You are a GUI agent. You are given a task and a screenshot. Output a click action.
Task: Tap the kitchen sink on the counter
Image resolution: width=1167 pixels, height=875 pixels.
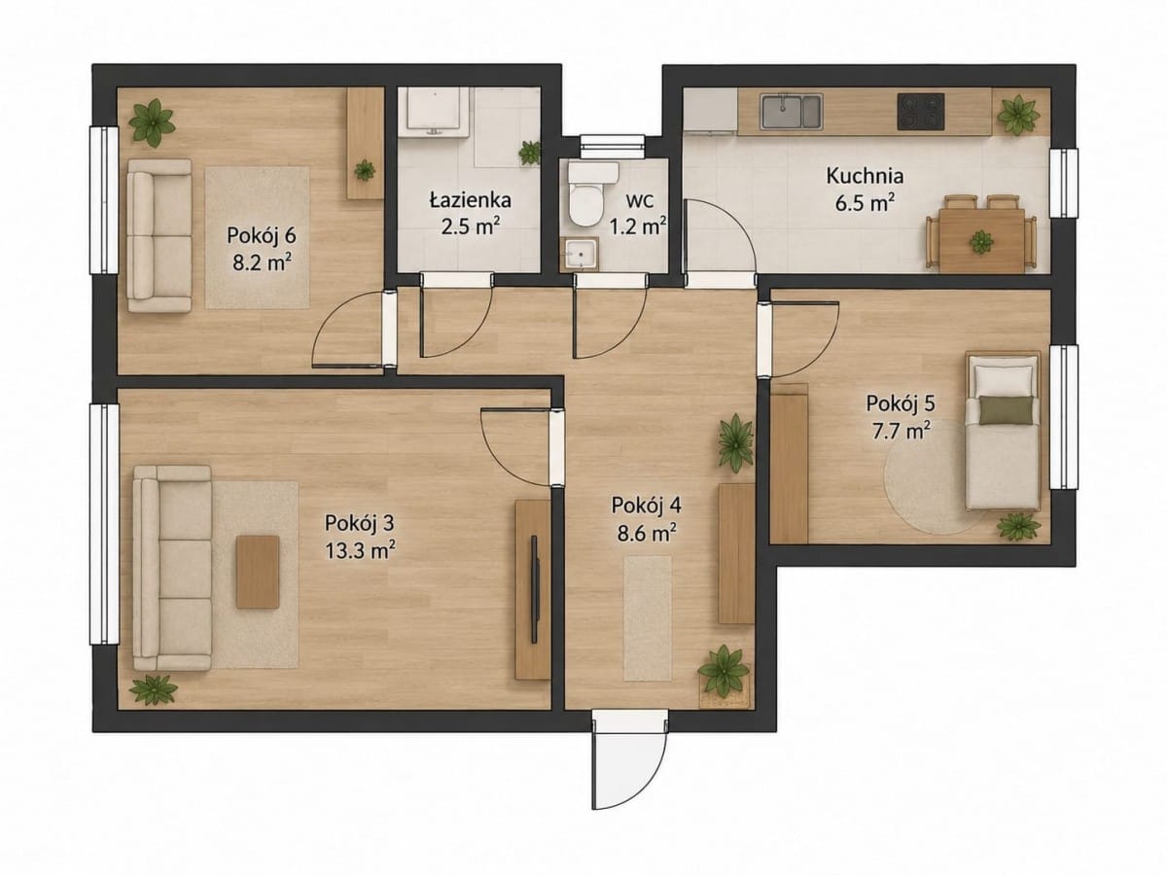[791, 111]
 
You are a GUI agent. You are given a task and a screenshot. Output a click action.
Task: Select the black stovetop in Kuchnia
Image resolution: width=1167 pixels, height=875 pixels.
[921, 112]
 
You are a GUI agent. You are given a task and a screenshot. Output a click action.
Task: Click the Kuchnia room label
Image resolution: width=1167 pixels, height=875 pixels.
[865, 176]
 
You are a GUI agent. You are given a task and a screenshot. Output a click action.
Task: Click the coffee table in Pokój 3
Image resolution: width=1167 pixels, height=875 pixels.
[258, 572]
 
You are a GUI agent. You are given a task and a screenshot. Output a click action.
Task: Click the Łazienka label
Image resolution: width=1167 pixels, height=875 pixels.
[471, 200]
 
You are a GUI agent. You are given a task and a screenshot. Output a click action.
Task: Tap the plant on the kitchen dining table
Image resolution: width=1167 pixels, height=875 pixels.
[981, 242]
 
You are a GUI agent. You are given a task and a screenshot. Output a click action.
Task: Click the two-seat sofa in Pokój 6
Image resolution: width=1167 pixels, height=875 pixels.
[159, 235]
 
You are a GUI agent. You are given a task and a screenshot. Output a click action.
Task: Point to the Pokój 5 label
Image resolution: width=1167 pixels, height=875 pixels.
[901, 403]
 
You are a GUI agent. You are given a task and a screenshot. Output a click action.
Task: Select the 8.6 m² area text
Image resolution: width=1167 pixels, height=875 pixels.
[646, 533]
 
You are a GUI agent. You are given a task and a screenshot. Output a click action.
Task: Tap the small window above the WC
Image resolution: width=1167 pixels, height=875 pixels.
[612, 146]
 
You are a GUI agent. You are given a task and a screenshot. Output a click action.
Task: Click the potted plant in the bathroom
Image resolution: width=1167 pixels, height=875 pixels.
[530, 153]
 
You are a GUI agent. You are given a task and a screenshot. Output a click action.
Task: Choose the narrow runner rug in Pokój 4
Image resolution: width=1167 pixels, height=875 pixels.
[647, 618]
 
